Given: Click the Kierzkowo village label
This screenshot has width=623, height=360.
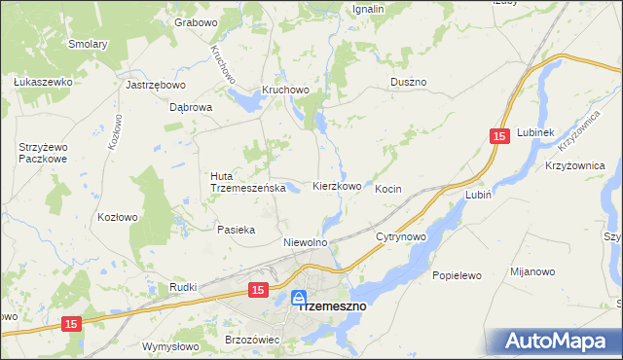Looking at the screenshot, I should click(338, 186).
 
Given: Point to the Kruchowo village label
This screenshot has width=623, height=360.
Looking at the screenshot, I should click(284, 90).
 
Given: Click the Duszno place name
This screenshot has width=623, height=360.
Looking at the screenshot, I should click(409, 83).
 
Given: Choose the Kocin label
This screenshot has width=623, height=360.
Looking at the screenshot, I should click(388, 189).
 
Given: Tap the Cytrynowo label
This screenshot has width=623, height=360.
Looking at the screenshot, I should click(401, 236).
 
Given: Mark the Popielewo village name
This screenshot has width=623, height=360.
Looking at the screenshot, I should click(458, 275).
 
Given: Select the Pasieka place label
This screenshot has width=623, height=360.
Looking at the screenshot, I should click(236, 230).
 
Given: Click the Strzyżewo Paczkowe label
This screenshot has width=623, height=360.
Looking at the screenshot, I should click(42, 153).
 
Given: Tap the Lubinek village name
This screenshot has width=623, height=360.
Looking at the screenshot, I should click(535, 132).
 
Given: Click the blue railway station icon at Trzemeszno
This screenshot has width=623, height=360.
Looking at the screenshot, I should click(300, 298).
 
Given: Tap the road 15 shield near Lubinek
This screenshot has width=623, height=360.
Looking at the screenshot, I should click(499, 139).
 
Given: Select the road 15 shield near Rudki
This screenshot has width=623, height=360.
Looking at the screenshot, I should click(257, 290).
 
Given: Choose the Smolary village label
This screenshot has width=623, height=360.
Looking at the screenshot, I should click(88, 44).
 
